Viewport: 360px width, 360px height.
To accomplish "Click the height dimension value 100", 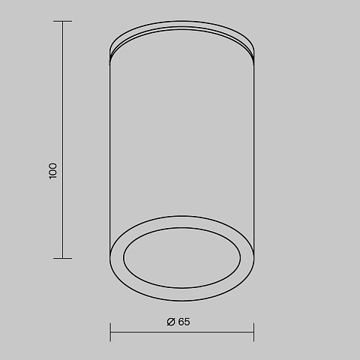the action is [52, 171].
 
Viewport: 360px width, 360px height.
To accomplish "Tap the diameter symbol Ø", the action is [171, 322].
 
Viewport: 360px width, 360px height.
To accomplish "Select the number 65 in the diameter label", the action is [184, 322].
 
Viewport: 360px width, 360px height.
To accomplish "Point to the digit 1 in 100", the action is [52, 177].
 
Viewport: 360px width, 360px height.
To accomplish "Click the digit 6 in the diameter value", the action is [181, 322].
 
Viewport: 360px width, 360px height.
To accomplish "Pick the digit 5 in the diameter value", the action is [187, 322].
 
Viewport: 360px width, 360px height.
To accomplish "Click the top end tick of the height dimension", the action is [62, 22].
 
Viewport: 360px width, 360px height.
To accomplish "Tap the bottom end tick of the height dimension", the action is [62, 258].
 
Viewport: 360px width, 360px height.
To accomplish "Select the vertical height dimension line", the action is [62, 139].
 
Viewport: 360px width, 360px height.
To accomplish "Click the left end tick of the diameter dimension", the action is [110, 332].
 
